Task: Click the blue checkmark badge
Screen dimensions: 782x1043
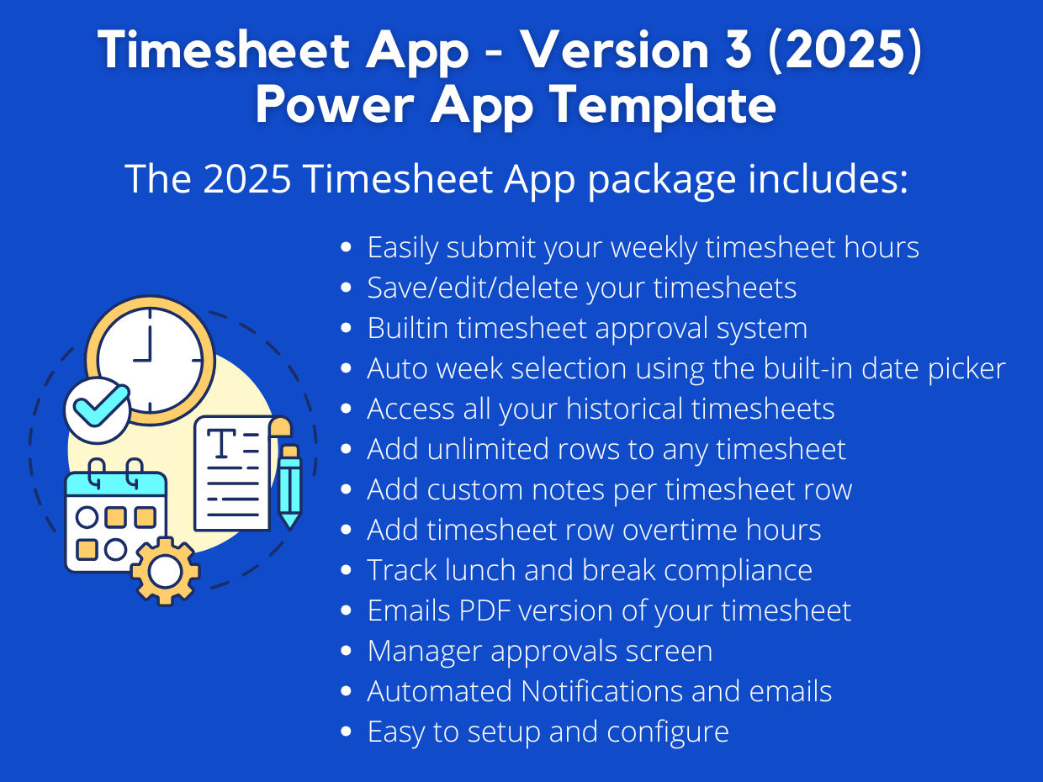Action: pyautogui.click(x=98, y=409)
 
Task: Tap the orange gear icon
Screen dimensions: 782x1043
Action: pyautogui.click(x=165, y=572)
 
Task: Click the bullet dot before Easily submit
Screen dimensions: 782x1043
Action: pyautogui.click(x=346, y=248)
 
